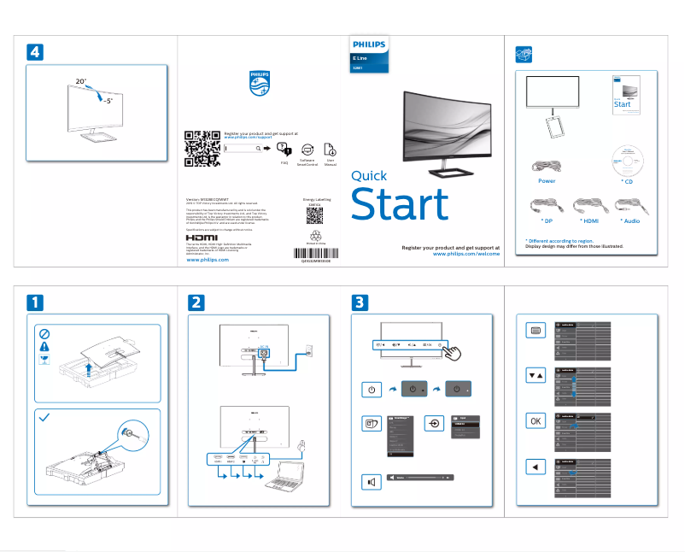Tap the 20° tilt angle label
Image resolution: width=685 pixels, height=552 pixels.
coord(80,81)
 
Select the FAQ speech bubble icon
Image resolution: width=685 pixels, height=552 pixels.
coord(284,149)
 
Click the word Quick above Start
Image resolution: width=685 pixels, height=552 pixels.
coord(369,177)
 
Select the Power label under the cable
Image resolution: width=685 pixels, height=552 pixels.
coord(547,181)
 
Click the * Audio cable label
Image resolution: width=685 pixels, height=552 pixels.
coord(631,220)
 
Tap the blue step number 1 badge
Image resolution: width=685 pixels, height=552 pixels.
coord(34,302)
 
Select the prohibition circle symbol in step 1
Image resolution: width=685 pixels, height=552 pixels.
coord(44,333)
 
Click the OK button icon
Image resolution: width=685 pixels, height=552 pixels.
coord(535,420)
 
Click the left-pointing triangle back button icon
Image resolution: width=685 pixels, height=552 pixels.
coord(535,467)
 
